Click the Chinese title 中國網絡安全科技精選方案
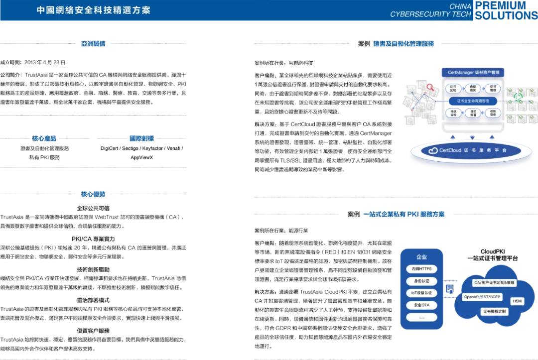[94, 10]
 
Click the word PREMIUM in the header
[500, 5]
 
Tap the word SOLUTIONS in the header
[506, 15]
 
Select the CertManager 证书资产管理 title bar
[473, 73]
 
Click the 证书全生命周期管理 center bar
[473, 101]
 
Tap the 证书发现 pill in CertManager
[453, 89]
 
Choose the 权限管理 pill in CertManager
[493, 113]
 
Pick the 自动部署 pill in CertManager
[473, 113]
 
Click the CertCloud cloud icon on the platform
[431, 150]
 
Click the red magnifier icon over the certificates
[430, 88]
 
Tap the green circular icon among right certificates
[519, 96]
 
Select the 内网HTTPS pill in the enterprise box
[421, 269]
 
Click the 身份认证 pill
[421, 281]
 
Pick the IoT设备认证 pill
[421, 293]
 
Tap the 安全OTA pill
[421, 305]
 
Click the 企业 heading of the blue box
[421, 257]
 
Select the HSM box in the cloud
[517, 301]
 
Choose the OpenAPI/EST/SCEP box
[482, 297]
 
